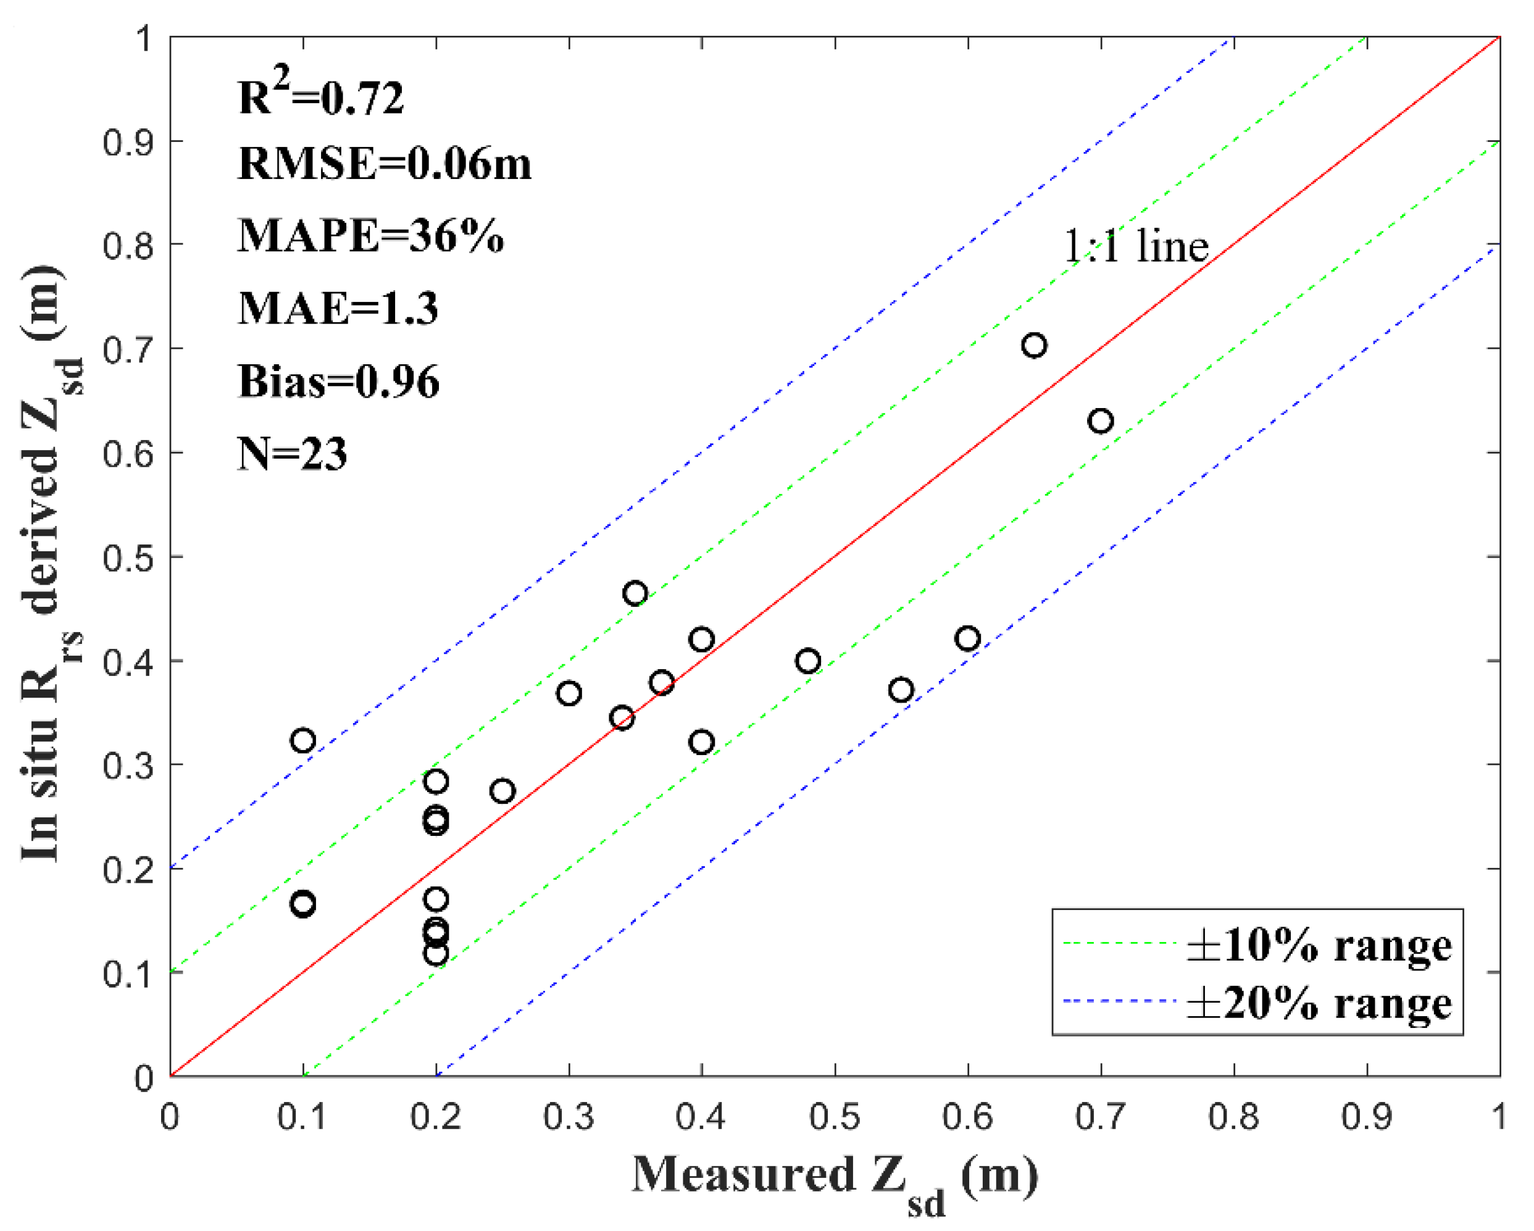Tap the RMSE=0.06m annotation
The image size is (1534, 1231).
click(x=384, y=164)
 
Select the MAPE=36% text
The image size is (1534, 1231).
click(x=370, y=236)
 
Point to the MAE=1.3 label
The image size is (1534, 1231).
click(x=337, y=308)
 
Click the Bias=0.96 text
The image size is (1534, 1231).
click(x=339, y=382)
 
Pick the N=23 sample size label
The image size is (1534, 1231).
click(x=292, y=453)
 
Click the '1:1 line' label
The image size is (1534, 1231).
click(x=1136, y=246)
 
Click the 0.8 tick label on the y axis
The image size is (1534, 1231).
click(x=128, y=246)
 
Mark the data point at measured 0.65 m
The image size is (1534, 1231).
click(x=1034, y=346)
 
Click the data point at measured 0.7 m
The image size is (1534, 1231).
click(x=1101, y=421)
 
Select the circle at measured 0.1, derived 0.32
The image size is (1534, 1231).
click(x=303, y=741)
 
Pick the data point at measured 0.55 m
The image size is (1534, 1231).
click(x=901, y=690)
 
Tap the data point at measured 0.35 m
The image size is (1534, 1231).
click(x=635, y=593)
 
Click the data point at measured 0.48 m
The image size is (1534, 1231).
click(x=807, y=661)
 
